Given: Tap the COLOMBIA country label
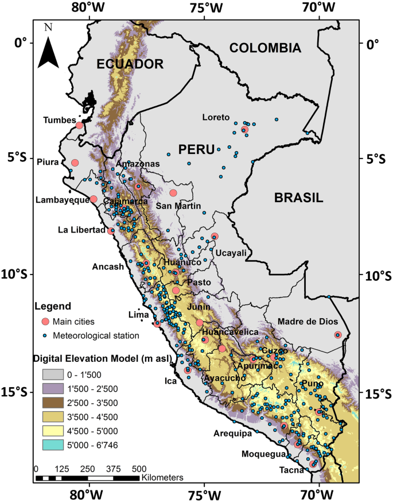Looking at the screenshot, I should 264,48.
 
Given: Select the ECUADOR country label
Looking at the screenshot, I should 130,64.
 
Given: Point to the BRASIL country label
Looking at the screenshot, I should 298,198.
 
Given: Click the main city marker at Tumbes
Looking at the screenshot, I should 79,125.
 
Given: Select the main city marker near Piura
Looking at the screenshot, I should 75,163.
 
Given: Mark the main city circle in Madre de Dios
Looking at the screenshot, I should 338,335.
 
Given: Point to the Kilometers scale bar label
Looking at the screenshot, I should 162,477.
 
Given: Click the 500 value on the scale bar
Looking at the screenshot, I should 139,468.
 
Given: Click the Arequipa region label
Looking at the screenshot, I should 233,434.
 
